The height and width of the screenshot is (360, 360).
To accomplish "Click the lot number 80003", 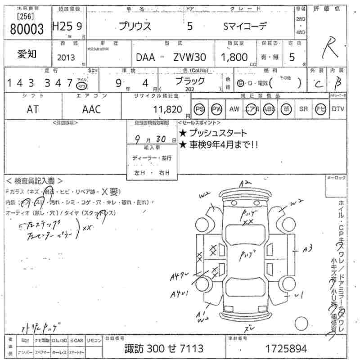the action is coord(26,29).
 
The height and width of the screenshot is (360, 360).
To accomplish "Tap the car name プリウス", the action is coord(135,26).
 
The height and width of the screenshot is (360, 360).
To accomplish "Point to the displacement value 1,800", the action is coord(234,57).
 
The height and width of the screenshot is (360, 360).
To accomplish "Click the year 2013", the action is coord(66,58).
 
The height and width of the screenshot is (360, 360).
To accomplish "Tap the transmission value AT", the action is coord(32,109).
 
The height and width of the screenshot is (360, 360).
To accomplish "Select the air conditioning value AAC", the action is coord(91,109).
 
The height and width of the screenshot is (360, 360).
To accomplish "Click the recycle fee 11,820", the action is coord(167,109).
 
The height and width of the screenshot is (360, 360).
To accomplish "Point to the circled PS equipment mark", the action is coord(199,109).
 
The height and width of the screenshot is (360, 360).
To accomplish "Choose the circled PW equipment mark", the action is coord(217,109).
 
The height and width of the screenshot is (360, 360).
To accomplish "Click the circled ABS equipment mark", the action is coord(269,109).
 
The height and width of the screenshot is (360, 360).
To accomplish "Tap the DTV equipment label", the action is coord(337,109).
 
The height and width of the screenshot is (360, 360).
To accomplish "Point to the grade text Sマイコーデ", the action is coord(245,26).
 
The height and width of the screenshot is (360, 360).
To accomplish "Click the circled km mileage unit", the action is coord(81,85).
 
